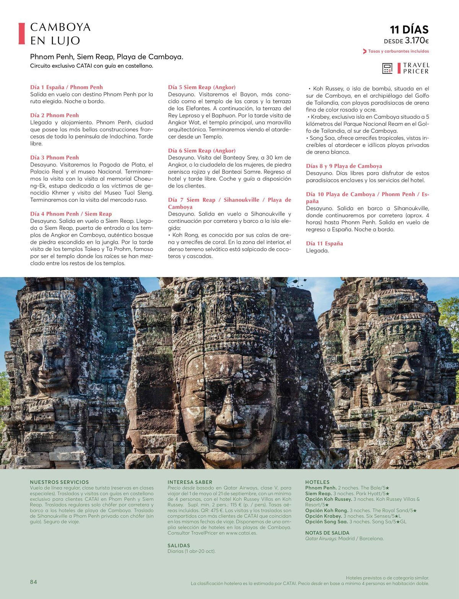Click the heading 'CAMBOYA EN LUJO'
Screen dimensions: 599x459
coord(60,34)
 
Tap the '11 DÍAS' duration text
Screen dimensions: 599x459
coord(409,29)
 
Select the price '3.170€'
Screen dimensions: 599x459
coord(417,41)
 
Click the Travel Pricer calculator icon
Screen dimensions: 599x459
coord(387,69)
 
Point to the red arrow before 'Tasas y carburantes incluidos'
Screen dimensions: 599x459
coord(365,51)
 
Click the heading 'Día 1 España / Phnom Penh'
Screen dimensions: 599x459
coord(67,87)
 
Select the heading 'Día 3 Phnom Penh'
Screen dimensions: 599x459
coord(54,157)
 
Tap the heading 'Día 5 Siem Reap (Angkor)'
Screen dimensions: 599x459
coord(202,87)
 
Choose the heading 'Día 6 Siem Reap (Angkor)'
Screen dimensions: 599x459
coord(202,151)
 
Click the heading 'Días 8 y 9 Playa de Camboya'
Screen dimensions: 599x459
coord(344,166)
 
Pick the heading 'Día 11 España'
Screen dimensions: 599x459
coord(324,243)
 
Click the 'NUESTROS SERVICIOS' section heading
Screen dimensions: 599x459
coord(59,482)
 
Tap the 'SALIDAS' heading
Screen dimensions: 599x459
coord(179,545)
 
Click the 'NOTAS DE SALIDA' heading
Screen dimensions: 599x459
coord(327,533)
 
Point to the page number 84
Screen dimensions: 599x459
coord(34,582)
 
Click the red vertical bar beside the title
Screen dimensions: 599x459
coord(22,34)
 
